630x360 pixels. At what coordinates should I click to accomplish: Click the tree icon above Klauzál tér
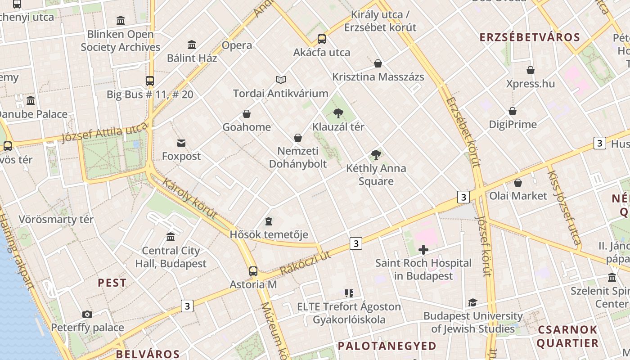point(338,113)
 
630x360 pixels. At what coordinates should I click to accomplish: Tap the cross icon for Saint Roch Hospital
point(423,250)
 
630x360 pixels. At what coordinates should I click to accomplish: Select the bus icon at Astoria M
point(253,271)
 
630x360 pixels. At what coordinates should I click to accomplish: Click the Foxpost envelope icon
point(181,143)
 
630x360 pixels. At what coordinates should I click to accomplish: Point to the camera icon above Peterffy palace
point(87,314)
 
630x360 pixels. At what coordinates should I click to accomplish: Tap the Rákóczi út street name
point(305,263)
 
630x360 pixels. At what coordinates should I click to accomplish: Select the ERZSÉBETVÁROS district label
point(530,37)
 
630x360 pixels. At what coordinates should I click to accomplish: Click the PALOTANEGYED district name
point(387,346)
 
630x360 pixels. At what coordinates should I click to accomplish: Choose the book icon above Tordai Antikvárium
point(281,80)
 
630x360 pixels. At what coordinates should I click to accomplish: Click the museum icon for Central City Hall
point(171,237)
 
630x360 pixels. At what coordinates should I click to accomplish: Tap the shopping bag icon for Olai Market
point(518,183)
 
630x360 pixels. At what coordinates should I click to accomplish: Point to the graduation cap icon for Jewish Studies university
point(472,302)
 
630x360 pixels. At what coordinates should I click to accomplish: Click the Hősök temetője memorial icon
point(269,221)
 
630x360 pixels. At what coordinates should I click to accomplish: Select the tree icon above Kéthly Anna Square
point(376,155)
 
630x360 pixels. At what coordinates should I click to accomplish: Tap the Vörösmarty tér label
point(56,220)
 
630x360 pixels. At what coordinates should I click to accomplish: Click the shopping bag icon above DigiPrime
point(513,111)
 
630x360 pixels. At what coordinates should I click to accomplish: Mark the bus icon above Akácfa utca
point(321,39)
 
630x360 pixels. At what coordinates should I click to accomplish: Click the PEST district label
point(112,283)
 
